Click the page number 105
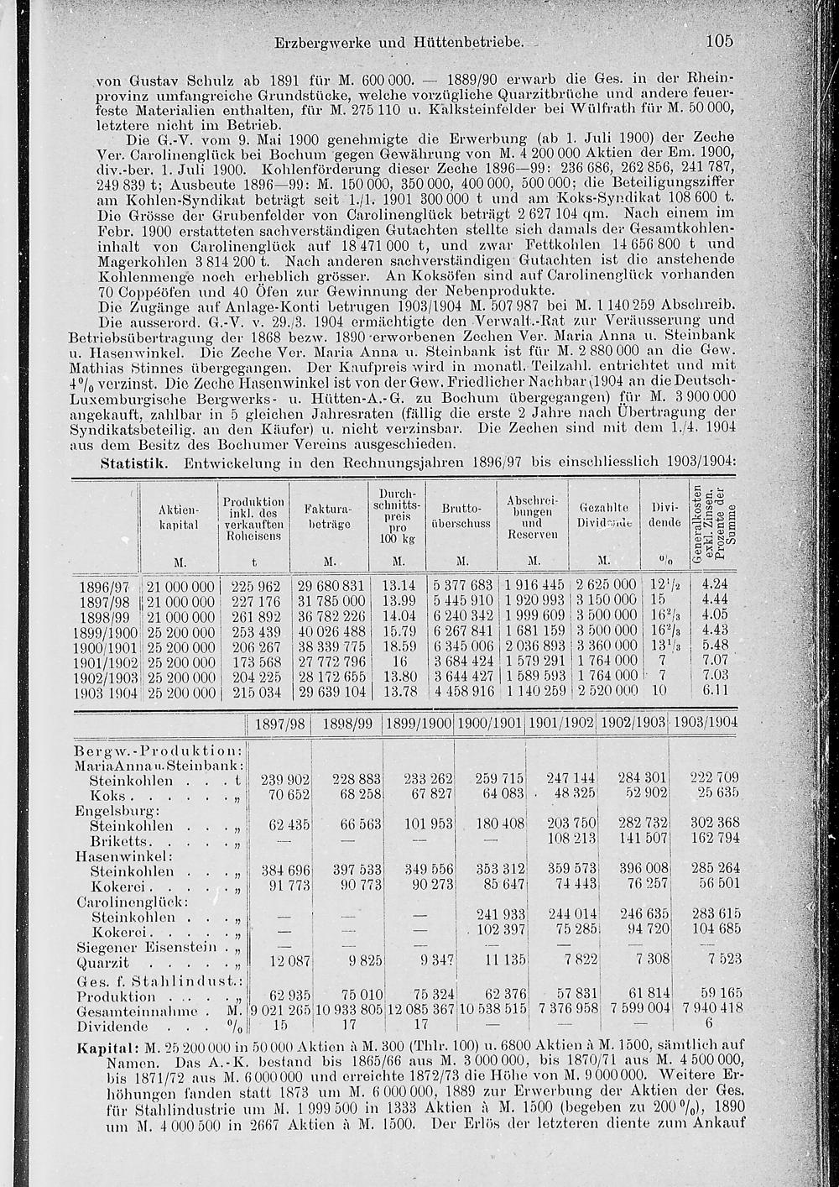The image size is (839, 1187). click(x=719, y=40)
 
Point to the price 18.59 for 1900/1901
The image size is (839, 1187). click(x=399, y=646)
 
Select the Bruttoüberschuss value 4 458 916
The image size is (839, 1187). click(x=462, y=692)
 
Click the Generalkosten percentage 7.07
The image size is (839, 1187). click(x=716, y=661)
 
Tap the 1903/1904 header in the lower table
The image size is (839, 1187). click(x=706, y=723)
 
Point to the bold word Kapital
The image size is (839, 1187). click(x=102, y=1049)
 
